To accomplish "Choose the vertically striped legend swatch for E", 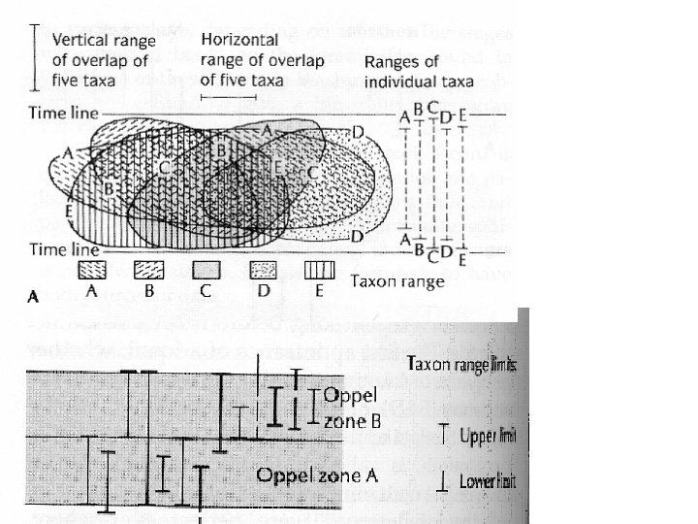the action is tap(320, 268).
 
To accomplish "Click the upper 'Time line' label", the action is tap(63, 115).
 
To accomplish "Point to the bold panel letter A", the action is tap(31, 299).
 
